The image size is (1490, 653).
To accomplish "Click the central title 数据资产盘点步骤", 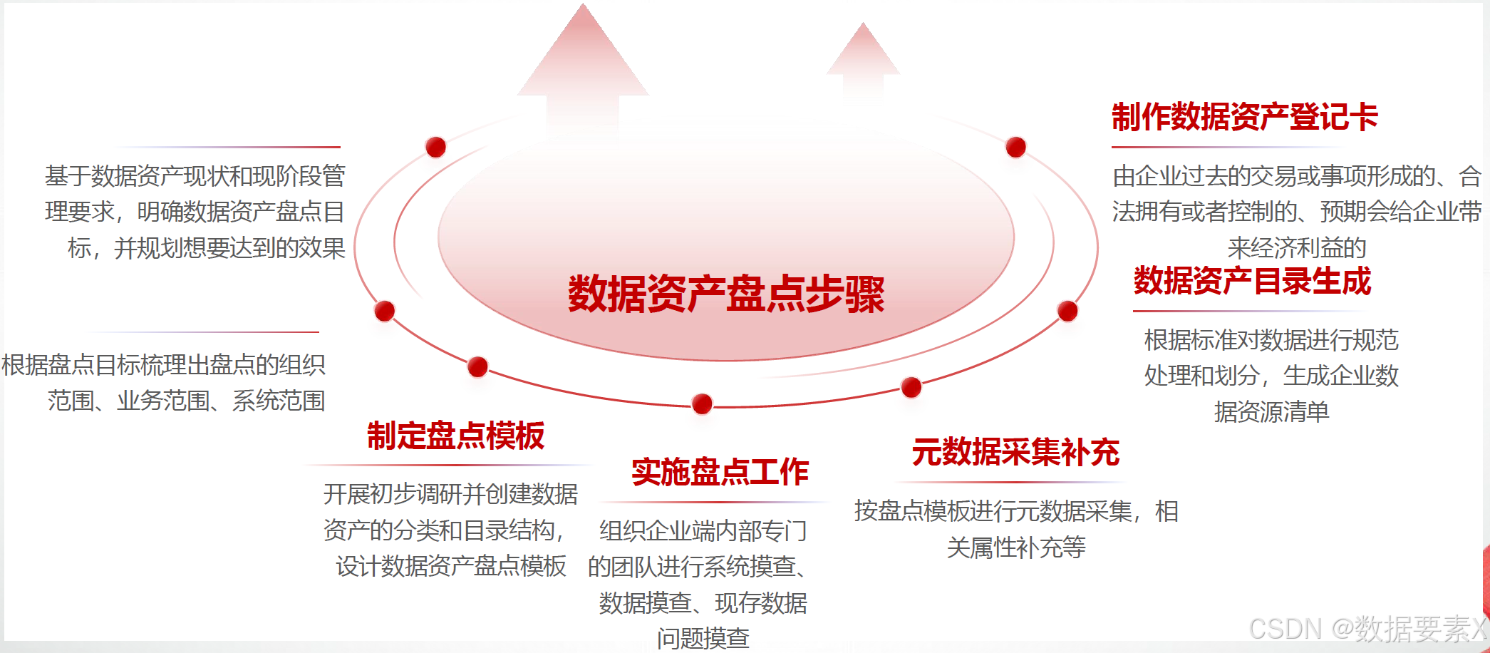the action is tap(725, 294).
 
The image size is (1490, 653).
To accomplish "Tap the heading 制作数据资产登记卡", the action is tap(1244, 118).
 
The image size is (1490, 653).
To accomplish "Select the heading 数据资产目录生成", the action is tap(1252, 282).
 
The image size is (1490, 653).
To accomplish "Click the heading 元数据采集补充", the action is tap(1015, 453).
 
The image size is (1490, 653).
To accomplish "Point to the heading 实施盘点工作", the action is tap(720, 472).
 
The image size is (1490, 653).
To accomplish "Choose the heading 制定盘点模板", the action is tap(456, 436).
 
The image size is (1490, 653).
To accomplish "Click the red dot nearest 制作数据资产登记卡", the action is tap(1015, 147).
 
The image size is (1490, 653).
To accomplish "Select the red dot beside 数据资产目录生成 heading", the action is tap(1067, 311).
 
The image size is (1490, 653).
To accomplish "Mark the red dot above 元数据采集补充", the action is tap(911, 387).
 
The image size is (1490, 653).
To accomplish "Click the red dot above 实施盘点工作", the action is tap(702, 403).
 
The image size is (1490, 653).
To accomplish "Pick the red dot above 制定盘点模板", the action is tap(477, 366).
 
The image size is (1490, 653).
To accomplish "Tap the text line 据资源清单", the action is tap(1271, 412).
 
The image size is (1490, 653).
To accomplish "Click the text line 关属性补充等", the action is tap(1016, 547).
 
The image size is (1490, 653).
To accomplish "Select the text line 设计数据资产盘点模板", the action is tap(451, 566).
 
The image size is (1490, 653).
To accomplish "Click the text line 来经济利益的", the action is tap(1296, 248).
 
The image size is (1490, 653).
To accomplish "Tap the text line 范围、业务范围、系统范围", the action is tap(186, 401).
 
